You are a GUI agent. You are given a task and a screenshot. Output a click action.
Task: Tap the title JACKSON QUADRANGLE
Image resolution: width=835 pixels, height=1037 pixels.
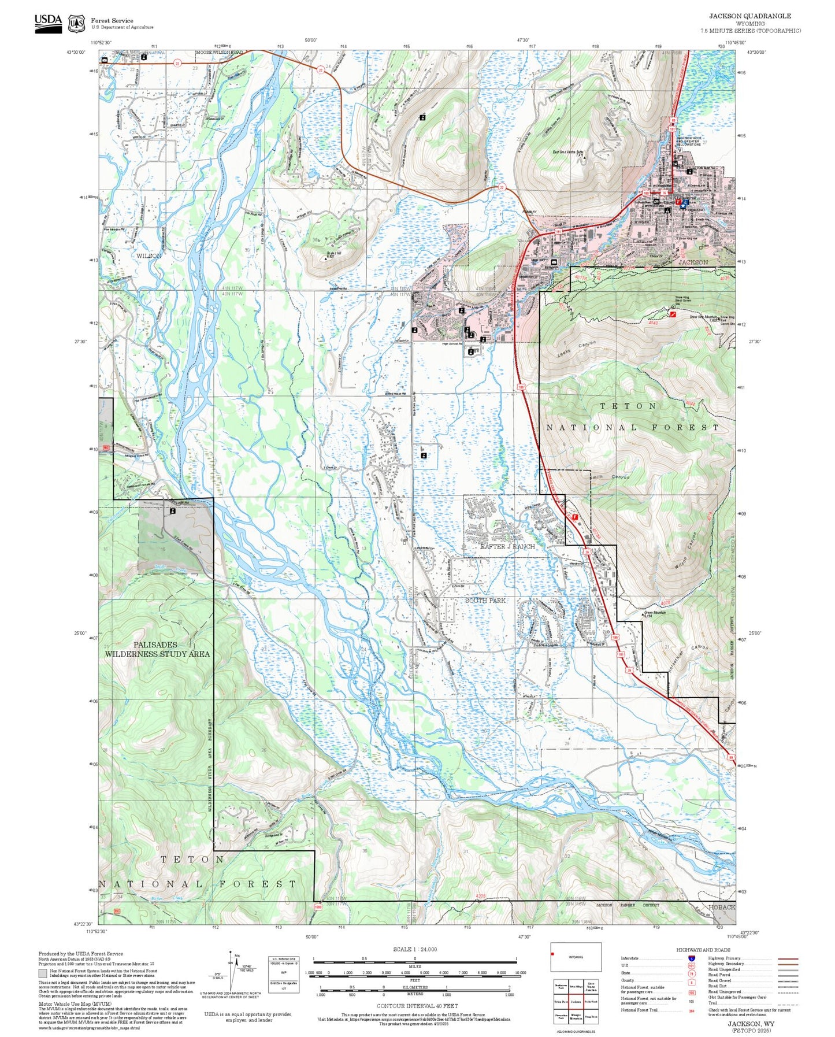coord(750,16)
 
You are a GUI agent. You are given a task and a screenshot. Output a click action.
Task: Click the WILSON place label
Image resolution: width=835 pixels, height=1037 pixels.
coord(149,255)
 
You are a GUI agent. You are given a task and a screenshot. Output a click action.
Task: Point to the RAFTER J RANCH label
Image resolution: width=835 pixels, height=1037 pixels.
coord(507,546)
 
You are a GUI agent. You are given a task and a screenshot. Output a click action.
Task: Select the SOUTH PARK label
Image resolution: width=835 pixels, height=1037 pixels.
coord(485,601)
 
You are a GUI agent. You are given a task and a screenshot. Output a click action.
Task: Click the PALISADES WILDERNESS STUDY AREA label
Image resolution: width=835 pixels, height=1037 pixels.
coord(157,649)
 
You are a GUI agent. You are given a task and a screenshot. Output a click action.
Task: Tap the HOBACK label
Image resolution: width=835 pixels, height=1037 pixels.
coord(722,907)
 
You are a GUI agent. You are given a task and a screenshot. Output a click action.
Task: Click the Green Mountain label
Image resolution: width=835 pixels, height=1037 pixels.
coord(655,613)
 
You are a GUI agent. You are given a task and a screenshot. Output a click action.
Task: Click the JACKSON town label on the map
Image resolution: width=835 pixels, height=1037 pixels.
coord(693,262)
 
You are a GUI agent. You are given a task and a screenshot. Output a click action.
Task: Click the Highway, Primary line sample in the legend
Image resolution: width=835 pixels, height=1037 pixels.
coord(788,958)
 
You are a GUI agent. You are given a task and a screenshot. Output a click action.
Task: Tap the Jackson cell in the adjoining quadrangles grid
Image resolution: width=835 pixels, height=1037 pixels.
coord(576,1002)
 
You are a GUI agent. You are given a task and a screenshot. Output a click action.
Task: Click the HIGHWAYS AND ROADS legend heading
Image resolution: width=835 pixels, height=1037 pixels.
coord(703,950)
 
